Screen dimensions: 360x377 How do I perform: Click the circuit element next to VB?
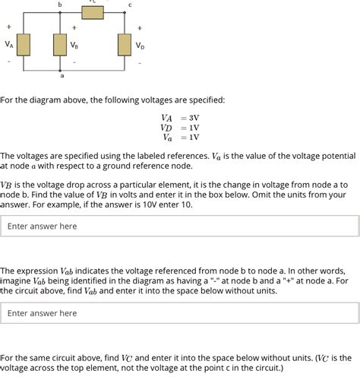click(x=60, y=45)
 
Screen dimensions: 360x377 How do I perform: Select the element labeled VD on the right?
click(x=124, y=45)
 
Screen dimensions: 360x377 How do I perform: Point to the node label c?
click(x=130, y=5)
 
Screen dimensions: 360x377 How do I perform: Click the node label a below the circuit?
click(x=61, y=78)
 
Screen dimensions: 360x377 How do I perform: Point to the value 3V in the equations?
click(x=194, y=118)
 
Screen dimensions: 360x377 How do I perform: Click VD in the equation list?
click(x=166, y=128)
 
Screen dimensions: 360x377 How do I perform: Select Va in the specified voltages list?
click(x=166, y=138)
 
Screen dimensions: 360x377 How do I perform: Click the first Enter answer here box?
click(x=179, y=226)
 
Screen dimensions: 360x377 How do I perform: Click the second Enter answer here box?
click(x=179, y=312)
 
